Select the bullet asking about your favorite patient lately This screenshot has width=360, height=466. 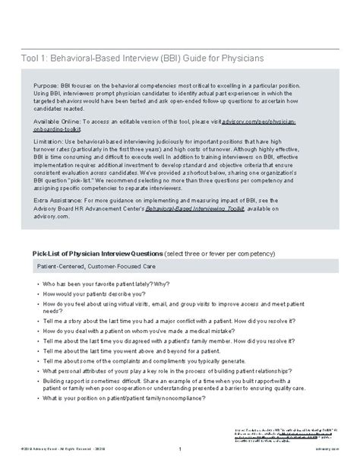click(100, 282)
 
